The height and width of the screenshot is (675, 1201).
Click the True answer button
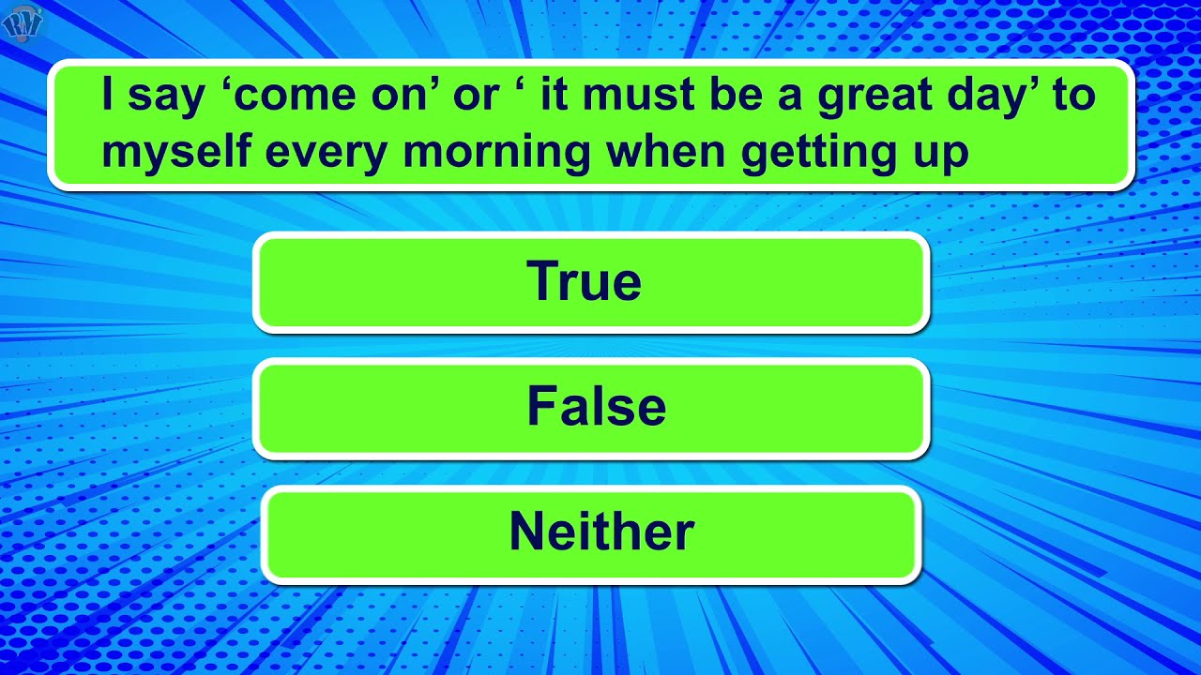click(591, 282)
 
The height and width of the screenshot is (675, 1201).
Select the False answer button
click(591, 408)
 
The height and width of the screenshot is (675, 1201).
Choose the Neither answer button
click(591, 533)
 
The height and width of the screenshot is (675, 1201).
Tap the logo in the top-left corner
click(22, 22)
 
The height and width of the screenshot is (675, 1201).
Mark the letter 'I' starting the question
click(108, 96)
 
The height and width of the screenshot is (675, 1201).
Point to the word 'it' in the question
click(555, 96)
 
